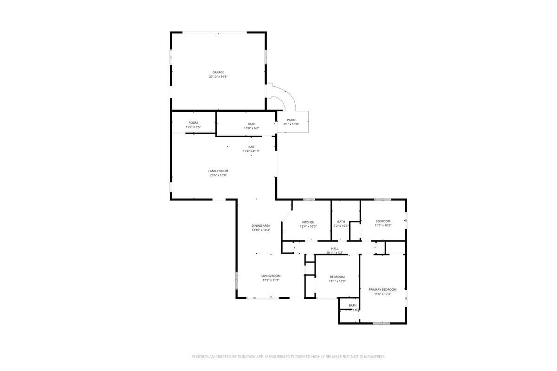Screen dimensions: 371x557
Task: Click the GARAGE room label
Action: [218, 72]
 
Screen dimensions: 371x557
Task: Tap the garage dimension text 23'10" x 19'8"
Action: [218, 77]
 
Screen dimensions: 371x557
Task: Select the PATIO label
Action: [291, 120]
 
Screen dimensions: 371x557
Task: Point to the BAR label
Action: [251, 147]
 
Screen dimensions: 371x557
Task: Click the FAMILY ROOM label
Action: [218, 171]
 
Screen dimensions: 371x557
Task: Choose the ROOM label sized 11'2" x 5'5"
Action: [193, 123]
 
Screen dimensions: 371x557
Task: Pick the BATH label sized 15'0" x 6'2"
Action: [251, 124]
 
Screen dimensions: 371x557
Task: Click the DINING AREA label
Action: [261, 226]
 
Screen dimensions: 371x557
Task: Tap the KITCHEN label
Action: [308, 222]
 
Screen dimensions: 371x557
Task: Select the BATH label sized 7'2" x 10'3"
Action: [341, 222]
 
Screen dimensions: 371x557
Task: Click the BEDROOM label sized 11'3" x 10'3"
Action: [383, 221]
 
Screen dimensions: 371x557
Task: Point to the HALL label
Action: [335, 249]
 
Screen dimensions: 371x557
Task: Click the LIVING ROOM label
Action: [271, 276]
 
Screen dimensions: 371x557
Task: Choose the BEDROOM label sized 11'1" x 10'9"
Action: [337, 277]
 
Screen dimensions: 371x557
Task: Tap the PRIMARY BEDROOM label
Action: [383, 289]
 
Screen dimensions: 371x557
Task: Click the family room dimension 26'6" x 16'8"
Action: [218, 175]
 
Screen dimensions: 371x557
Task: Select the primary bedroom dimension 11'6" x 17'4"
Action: [383, 294]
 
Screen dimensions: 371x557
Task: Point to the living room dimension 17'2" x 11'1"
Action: [271, 280]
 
